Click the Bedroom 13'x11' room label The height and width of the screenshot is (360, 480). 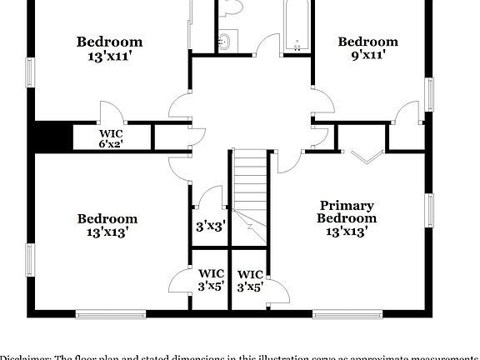coord(109,49)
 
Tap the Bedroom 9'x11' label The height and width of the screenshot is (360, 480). coord(367,49)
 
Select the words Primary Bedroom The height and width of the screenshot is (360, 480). coord(347,212)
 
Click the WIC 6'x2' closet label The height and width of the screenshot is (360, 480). coord(111,138)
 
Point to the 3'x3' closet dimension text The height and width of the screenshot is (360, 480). coord(210,226)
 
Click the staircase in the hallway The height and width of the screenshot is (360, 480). coord(250,196)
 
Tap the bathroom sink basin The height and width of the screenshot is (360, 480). coord(227,42)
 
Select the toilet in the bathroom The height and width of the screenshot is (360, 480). coord(232,7)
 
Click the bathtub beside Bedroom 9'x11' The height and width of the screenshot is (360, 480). coord(297,25)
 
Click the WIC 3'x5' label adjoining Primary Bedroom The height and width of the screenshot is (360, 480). coord(250,280)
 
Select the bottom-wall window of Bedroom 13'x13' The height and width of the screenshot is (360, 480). coord(111,314)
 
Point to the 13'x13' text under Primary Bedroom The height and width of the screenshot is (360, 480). coord(347,231)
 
